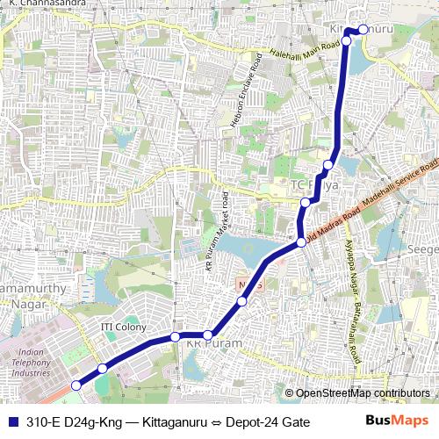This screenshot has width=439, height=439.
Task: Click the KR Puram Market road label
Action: (217, 235)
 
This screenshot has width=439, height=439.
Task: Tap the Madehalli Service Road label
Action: (400, 185)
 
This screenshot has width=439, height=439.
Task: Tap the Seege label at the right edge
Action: (425, 248)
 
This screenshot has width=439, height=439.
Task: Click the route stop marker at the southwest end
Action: (76, 385)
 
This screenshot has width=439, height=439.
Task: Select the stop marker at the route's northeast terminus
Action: (363, 31)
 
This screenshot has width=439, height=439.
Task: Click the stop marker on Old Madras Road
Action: (301, 242)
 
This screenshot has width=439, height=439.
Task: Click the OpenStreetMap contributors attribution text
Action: (362, 393)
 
